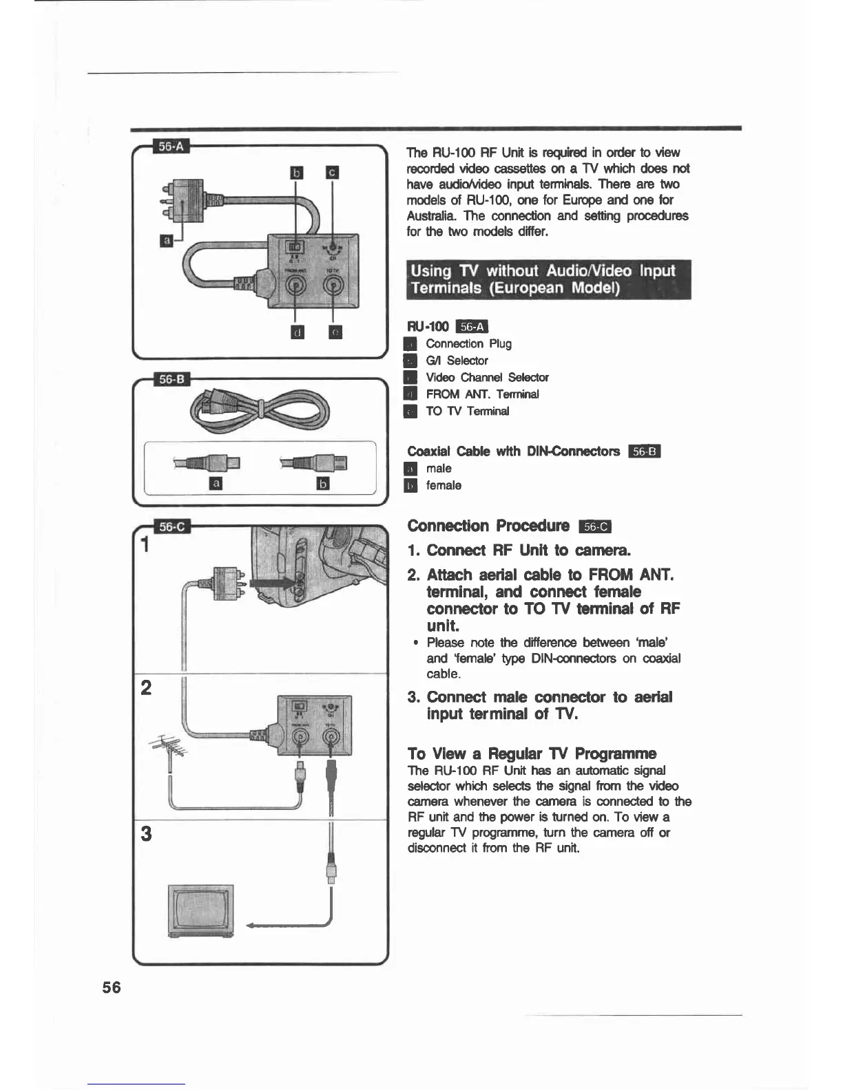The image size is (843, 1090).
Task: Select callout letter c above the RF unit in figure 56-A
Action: (332, 172)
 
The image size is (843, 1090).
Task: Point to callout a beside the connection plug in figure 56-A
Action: (166, 240)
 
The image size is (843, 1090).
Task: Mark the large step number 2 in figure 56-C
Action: (146, 687)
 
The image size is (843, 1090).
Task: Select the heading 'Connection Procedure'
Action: (488, 526)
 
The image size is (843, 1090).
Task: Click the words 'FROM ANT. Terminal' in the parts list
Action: (482, 394)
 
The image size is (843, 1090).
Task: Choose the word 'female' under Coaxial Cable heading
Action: (444, 486)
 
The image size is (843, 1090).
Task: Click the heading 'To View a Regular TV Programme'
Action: (532, 754)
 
